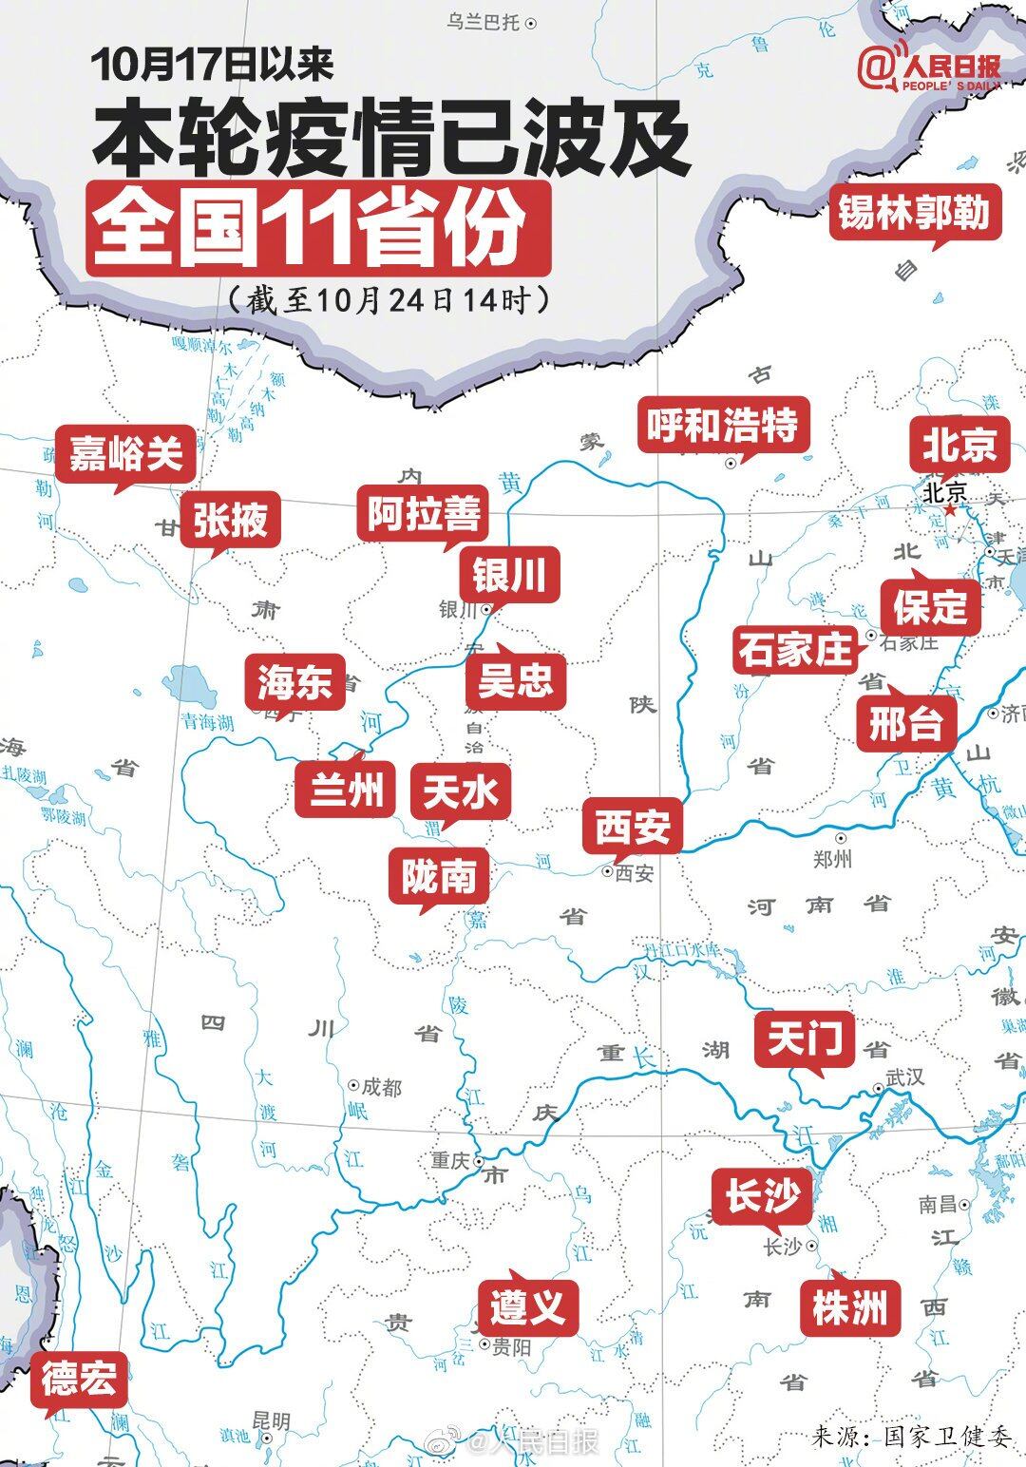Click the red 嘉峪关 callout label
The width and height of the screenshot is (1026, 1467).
125,454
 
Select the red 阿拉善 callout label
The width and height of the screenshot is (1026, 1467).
425,514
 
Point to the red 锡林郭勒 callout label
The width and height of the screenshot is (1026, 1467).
914,211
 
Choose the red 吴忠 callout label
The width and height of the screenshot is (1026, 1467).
515,679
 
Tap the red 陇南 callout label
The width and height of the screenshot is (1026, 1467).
439,876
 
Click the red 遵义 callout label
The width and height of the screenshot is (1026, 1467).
528,1306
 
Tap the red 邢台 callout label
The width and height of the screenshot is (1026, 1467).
905,724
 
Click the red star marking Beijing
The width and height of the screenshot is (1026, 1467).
950,510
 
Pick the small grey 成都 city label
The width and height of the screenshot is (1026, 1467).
381,1086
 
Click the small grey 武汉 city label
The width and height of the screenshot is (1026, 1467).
903,1077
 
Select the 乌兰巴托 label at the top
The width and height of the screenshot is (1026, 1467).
484,22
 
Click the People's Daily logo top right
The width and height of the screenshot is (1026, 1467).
928,68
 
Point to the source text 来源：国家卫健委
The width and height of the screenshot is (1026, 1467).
911,1436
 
